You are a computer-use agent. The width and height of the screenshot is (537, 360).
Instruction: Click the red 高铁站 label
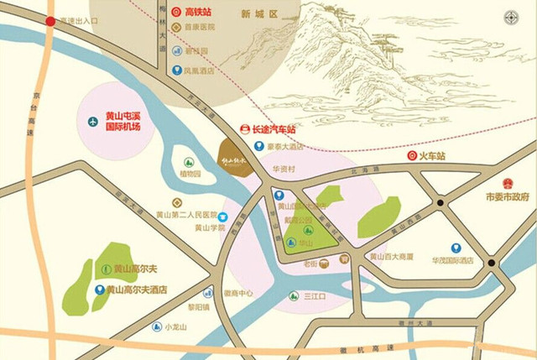click(202, 13)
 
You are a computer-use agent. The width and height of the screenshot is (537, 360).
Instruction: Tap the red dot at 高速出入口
click(51, 23)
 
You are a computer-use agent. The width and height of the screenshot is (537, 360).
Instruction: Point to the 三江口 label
click(315, 296)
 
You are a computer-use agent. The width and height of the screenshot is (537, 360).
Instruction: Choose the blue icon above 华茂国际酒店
click(456, 248)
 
